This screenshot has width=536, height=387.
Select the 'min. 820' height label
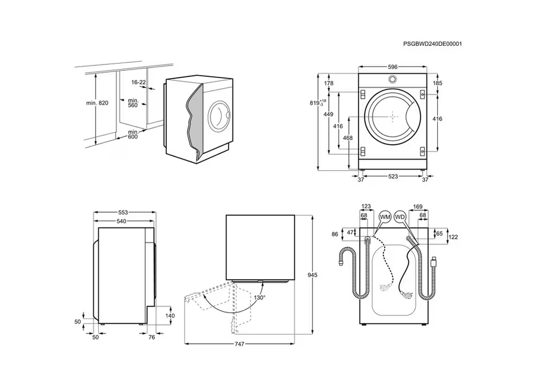(96, 103)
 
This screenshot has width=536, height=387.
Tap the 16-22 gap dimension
(139, 82)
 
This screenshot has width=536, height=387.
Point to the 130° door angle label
(260, 297)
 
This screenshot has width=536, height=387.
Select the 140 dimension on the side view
(170, 316)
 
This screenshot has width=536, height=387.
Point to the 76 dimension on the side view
(151, 336)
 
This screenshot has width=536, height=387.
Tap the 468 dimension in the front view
(348, 139)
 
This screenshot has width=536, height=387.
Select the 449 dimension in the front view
(328, 114)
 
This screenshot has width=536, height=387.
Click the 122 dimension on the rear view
(453, 236)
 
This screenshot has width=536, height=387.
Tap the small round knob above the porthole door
(392, 80)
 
